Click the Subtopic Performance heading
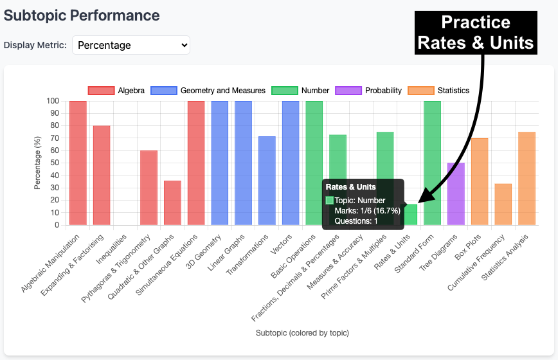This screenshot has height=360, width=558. coord(82,15)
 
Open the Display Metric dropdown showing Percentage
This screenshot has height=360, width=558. coord(131,45)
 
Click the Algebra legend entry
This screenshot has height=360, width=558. coord(116,91)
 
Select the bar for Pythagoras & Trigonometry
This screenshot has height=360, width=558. coord(148,188)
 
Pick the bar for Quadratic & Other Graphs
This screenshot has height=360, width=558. coord(172,203)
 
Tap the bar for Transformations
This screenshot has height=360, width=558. coord(267,181)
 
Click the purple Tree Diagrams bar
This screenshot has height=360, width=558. coord(456,194)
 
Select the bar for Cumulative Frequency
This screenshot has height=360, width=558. coord(503,204)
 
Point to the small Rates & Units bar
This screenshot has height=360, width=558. coord(410,215)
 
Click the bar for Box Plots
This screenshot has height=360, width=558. coord(480,181)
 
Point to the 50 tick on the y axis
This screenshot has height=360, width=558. coord(55,163)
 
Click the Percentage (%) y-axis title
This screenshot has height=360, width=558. coord(38,163)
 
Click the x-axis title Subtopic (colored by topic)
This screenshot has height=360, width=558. coord(301,332)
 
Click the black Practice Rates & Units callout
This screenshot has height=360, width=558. coord(475,33)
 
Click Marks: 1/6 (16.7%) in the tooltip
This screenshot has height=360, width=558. coord(367,210)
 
